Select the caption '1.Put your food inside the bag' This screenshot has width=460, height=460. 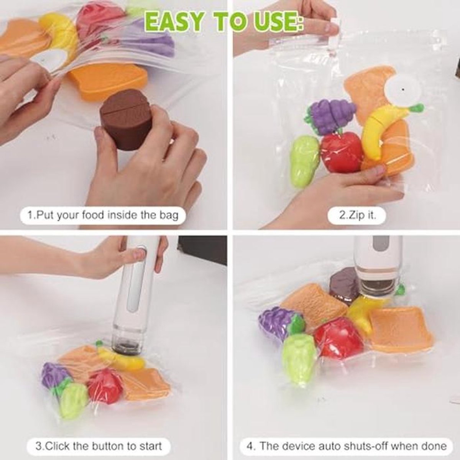(x=103, y=215)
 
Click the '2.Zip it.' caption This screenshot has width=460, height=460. (x=357, y=215)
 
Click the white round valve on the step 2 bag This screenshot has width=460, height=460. (x=401, y=89)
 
